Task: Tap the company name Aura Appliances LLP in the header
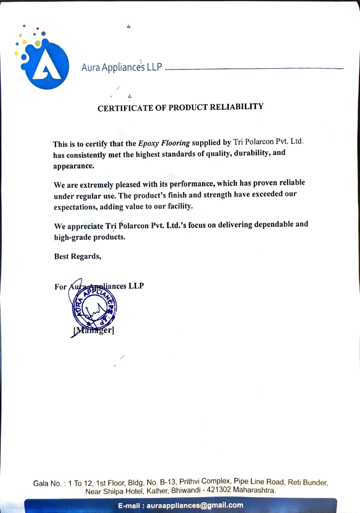coord(121,68)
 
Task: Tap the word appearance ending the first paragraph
coord(73,166)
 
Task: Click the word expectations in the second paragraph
coord(75,206)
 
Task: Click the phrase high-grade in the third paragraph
coord(73,238)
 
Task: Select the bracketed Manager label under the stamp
coord(93,331)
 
